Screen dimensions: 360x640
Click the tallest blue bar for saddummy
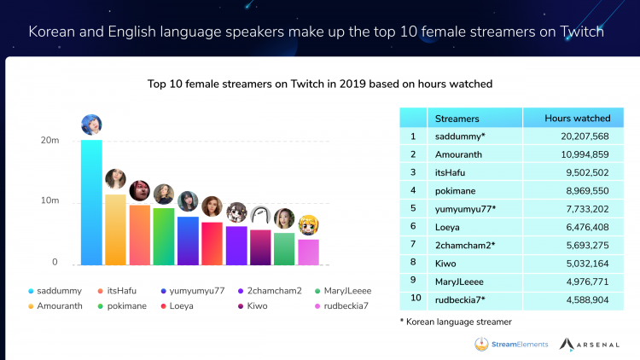point(91,201)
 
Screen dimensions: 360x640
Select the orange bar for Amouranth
point(115,229)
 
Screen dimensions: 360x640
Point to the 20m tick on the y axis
point(50,140)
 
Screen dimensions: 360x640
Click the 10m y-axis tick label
point(50,200)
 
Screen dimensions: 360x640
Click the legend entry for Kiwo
point(259,305)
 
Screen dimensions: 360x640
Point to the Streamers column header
point(457,119)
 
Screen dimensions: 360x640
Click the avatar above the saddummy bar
point(91,125)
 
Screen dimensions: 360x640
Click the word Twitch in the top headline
point(582,33)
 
